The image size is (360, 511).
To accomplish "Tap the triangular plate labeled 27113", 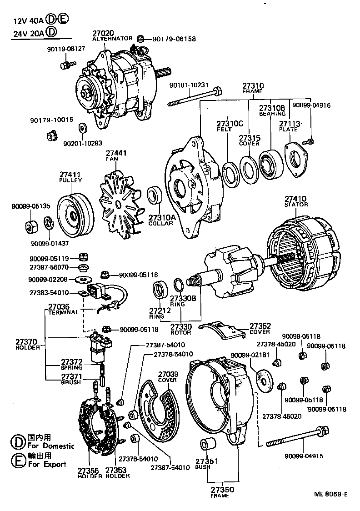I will [296, 159].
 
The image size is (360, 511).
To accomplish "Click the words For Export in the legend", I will [47, 464].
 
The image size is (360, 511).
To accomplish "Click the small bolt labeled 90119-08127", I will [65, 65].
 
